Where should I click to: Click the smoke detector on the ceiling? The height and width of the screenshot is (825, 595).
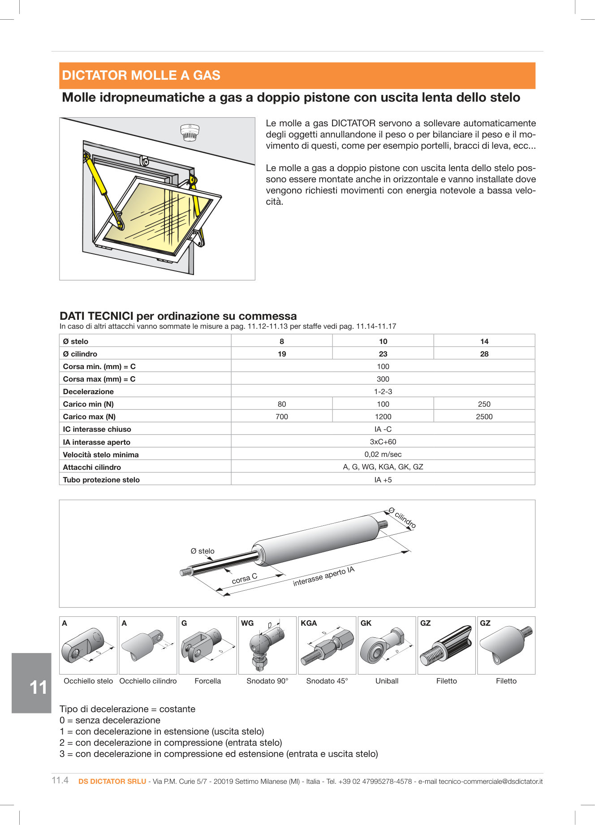pos(189,133)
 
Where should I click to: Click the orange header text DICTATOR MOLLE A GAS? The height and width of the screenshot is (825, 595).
pos(141,75)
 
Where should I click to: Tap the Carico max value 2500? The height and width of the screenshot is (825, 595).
pos(484,417)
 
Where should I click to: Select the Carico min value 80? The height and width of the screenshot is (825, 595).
pos(281,404)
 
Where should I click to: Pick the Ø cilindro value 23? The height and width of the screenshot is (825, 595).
pos(383,354)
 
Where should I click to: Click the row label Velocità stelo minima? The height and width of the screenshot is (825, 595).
pos(101,455)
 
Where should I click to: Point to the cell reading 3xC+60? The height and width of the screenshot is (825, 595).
pos(383,442)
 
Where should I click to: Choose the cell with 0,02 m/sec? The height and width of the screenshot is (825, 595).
pos(383,454)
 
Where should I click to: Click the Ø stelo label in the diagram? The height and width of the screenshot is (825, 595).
pos(203,551)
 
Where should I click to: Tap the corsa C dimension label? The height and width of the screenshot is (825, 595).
pos(244,579)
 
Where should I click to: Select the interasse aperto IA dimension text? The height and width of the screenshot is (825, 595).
pos(323,576)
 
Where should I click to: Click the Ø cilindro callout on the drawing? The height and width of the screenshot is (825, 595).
pos(402,518)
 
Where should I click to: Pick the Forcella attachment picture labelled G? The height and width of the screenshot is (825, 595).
pos(207,646)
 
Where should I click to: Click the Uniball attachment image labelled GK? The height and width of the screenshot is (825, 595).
pos(386,646)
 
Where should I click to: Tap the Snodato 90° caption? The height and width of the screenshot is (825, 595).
pos(267,681)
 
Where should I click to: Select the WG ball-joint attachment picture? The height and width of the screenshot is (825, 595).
pos(267,646)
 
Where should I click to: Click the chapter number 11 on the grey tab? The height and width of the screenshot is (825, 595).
pos(38,687)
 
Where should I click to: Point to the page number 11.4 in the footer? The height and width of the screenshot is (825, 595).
pos(60,780)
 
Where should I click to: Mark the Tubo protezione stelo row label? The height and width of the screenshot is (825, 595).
pos(101,480)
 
